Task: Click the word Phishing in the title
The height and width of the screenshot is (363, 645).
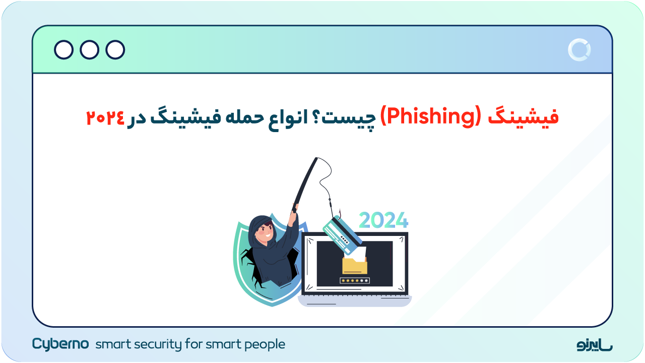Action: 431,117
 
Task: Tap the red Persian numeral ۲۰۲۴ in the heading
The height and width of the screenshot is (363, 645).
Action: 105,118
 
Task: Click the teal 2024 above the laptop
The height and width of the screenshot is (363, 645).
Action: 383,220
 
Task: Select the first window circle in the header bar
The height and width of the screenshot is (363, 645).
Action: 63,50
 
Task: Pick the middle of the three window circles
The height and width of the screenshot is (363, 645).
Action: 90,50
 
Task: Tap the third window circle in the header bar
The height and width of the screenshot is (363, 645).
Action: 115,50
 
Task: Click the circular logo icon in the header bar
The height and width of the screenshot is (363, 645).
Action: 579,50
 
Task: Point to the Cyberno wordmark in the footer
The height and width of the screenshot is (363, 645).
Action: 60,344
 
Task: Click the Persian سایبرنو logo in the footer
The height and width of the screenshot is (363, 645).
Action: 595,345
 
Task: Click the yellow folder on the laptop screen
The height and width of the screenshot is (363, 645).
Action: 355,265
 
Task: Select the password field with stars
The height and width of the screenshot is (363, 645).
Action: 355,280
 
